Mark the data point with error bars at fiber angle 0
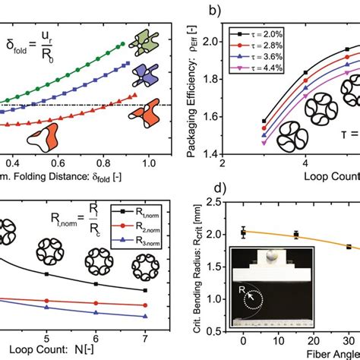point(243,232)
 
